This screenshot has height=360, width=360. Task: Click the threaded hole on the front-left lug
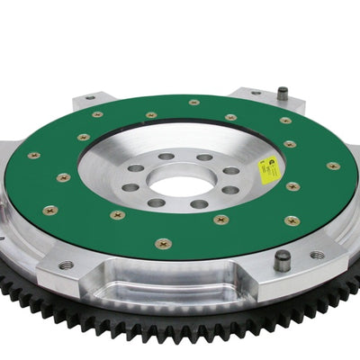[67, 265]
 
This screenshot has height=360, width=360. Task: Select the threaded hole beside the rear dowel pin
[256, 93]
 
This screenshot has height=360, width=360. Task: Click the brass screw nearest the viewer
[162, 243]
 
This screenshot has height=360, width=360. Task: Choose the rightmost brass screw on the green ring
[333, 166]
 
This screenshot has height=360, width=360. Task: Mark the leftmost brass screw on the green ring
[34, 156]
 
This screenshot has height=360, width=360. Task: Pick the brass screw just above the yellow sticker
[290, 143]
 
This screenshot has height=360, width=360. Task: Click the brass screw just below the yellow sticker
[293, 186]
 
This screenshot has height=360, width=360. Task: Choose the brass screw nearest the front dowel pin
[292, 220]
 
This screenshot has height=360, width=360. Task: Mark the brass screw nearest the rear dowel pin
[285, 120]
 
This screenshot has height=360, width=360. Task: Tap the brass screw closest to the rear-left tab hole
[97, 114]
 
